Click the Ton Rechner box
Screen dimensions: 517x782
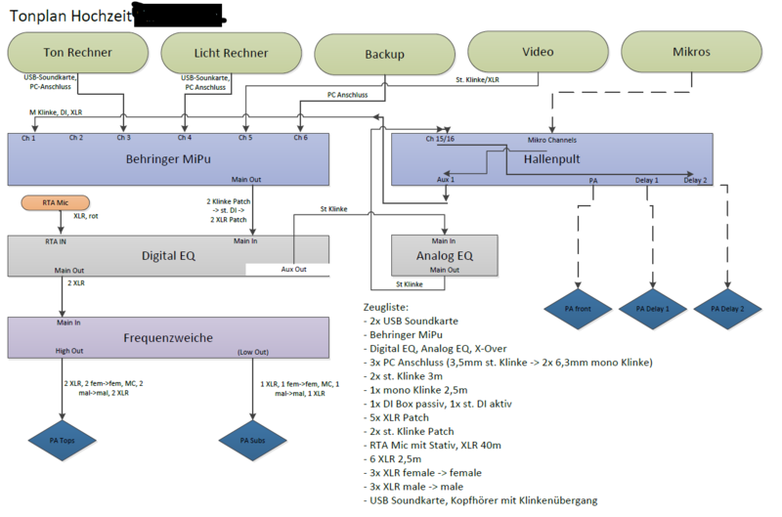tap(77, 52)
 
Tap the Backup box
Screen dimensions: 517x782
tap(385, 55)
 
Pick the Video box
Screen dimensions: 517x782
tap(538, 52)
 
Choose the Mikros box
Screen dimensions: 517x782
tap(692, 52)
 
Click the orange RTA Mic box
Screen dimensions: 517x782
tap(56, 202)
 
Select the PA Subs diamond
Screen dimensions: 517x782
tap(253, 440)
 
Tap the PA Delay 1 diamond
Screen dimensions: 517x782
tap(650, 308)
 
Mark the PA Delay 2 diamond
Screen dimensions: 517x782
tap(728, 308)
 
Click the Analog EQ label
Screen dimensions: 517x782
tap(445, 256)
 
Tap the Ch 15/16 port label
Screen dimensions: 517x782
tap(439, 139)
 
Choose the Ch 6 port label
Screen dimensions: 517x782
tap(300, 138)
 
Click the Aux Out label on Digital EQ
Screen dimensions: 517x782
tap(293, 270)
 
